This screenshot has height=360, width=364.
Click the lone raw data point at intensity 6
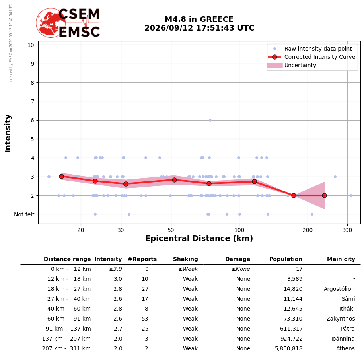pos(210,120)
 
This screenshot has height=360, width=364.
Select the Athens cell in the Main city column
pos(345,348)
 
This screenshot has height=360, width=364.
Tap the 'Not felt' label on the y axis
pos(24,214)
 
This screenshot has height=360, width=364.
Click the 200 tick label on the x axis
pos(308,230)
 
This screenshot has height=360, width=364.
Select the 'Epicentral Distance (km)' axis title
pos(199,238)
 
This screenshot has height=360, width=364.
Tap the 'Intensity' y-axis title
pos(8,133)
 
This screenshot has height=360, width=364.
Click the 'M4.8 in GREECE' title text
pos(199,19)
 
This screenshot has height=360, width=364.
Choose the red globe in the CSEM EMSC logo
pos(51,23)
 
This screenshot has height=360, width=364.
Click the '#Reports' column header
pos(142,259)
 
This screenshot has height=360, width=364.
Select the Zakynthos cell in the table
pos(341,319)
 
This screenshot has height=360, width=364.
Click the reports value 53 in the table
pos(145,319)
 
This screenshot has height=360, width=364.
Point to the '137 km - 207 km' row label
pos(66,339)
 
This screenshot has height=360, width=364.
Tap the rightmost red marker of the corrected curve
pos(324,195)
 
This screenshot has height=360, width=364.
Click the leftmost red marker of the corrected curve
pos(61,176)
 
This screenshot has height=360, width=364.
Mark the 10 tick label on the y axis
pos(31,45)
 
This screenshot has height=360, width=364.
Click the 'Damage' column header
pos(237,259)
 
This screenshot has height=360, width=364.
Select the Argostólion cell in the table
pos(339,289)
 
